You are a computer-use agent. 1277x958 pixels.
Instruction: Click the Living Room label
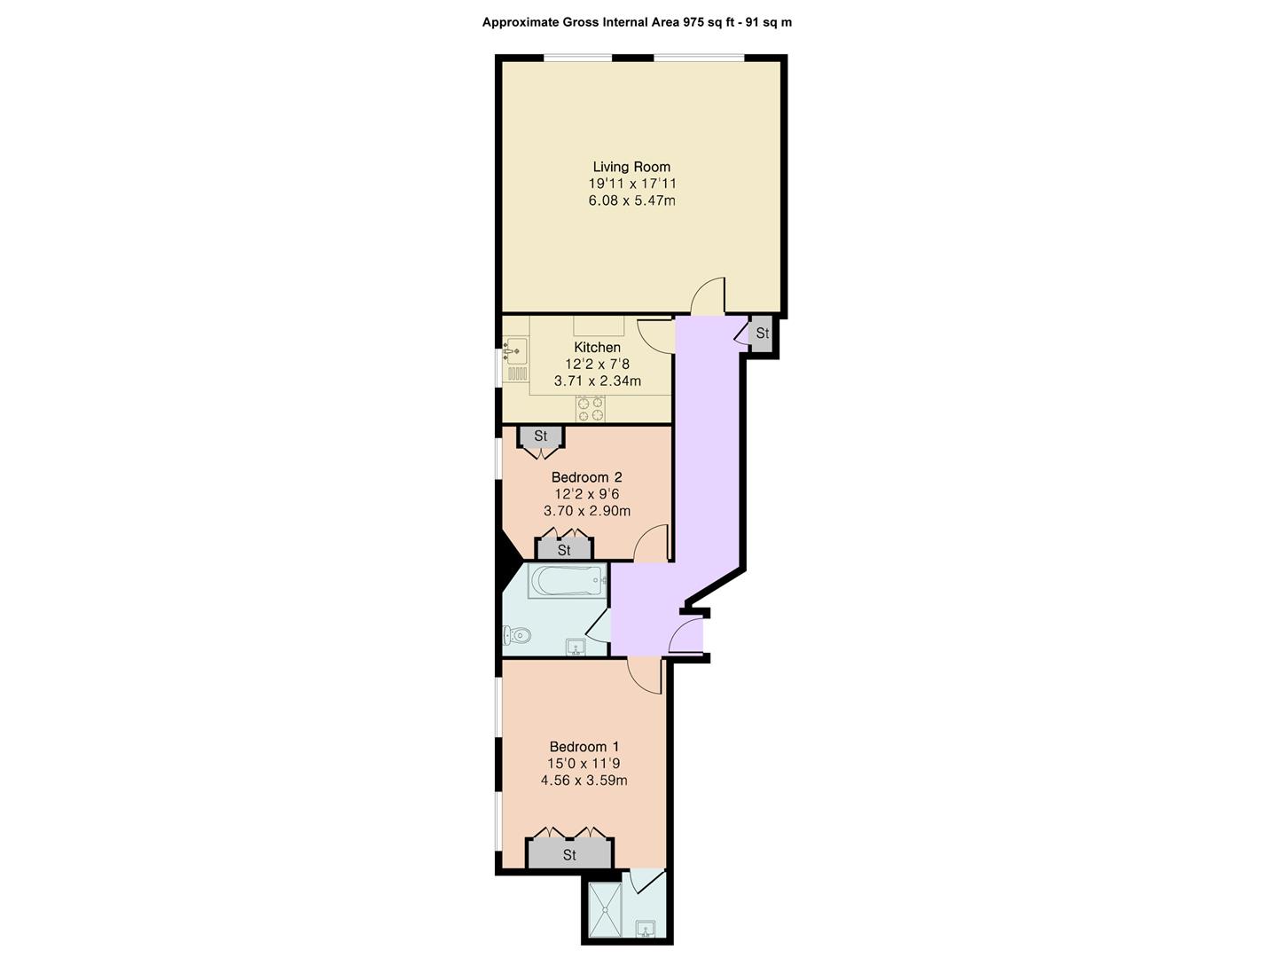tap(631, 167)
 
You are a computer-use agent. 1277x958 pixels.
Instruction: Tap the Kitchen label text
tap(597, 347)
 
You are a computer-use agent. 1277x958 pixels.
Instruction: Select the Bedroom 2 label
tap(586, 477)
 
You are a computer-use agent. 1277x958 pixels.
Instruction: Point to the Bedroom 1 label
tap(584, 746)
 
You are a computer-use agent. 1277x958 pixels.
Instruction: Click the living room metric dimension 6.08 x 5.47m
tap(631, 200)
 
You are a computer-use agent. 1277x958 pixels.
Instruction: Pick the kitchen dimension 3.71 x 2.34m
tap(598, 381)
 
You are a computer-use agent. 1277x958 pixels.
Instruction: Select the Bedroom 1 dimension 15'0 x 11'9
tap(584, 763)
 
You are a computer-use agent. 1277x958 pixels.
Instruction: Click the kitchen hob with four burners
tap(591, 409)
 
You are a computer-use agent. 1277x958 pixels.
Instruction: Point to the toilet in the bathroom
tap(517, 636)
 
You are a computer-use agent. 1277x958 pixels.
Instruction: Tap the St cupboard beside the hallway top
tap(761, 334)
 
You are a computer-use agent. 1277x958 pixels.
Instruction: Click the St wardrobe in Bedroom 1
tap(569, 854)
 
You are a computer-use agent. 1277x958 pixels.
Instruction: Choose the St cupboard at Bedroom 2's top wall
tap(540, 436)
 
